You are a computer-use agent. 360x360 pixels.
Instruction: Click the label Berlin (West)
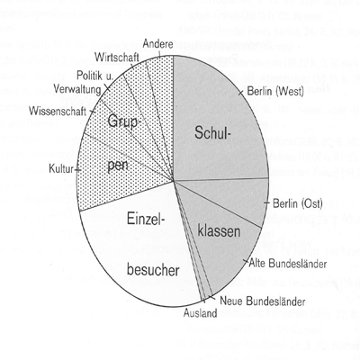[275, 92]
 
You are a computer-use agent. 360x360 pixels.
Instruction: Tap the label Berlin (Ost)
[298, 203]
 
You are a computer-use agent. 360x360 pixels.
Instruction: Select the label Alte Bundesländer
[288, 264]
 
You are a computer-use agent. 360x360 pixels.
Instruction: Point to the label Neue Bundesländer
[263, 301]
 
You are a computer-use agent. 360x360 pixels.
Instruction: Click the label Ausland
[200, 313]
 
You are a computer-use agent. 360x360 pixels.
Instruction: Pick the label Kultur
[61, 169]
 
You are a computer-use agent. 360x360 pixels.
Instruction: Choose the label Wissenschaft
[58, 112]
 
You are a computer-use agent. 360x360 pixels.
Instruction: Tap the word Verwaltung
[77, 89]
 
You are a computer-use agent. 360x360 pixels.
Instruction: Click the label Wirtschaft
[116, 57]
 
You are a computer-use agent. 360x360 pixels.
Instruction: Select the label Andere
[157, 44]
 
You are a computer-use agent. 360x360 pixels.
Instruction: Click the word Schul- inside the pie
[212, 132]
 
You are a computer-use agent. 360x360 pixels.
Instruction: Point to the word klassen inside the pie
[220, 230]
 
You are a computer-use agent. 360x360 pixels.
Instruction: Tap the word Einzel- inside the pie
[147, 218]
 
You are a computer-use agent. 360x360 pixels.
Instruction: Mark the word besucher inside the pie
[153, 270]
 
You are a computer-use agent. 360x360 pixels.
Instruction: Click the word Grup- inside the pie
[123, 121]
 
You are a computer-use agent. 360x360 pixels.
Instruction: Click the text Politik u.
[94, 76]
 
